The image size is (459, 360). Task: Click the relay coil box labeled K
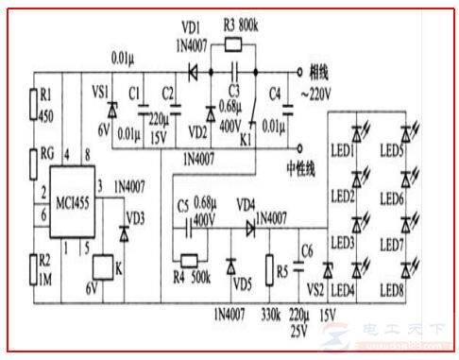pos(101,267)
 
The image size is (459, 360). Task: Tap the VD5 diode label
pos(242,282)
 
